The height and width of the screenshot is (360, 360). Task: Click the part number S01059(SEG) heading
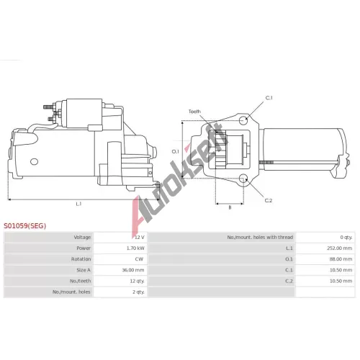(x=24, y=226)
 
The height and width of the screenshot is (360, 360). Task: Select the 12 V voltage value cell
(x=140, y=238)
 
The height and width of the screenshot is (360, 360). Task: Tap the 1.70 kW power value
(x=135, y=248)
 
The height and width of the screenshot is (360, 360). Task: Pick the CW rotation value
(x=139, y=259)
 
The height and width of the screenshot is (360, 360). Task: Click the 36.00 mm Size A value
(x=133, y=270)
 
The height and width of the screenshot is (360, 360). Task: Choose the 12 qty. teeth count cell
(x=137, y=281)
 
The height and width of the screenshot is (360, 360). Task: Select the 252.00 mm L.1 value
(x=340, y=248)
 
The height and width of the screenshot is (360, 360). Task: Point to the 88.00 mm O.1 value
(x=341, y=259)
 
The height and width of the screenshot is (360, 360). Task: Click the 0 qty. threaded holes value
(x=346, y=238)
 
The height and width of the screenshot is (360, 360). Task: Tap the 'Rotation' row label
(x=81, y=259)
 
